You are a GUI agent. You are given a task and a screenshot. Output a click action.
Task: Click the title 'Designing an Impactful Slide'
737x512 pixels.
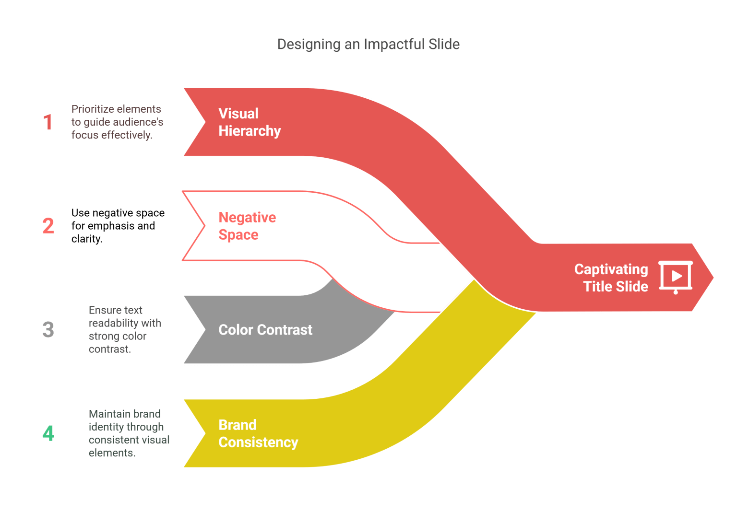coord(368,44)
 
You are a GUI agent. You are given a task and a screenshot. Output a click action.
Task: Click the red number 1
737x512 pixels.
coord(48,122)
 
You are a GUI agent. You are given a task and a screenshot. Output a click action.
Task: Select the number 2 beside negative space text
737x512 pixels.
coord(48,226)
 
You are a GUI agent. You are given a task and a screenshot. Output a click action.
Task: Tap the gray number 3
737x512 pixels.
coord(48,330)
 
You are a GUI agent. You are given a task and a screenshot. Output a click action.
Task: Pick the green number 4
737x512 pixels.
coord(48,433)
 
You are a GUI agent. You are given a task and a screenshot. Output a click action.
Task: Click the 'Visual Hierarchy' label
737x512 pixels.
coord(249,122)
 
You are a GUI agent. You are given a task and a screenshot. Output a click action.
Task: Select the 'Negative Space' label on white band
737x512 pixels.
coord(247,226)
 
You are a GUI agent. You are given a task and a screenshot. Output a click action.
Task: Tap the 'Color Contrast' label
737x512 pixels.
coord(265,330)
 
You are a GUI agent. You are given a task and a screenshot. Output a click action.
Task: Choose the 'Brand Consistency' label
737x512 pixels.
coord(258,433)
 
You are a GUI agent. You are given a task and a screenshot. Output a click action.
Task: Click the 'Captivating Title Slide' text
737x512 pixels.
coord(611,278)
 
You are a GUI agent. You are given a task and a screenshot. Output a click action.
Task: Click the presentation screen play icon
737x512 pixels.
coord(676,277)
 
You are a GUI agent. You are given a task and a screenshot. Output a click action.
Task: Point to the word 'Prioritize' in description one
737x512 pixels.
coord(93,109)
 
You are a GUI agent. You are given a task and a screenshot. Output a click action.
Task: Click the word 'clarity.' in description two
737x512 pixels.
coord(87,239)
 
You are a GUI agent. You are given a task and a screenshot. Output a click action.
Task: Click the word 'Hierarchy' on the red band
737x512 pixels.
coord(250,131)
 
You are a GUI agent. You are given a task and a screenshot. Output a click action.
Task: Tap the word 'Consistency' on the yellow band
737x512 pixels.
coord(258,442)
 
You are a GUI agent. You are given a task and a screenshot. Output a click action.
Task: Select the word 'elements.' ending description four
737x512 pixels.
coord(112,453)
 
